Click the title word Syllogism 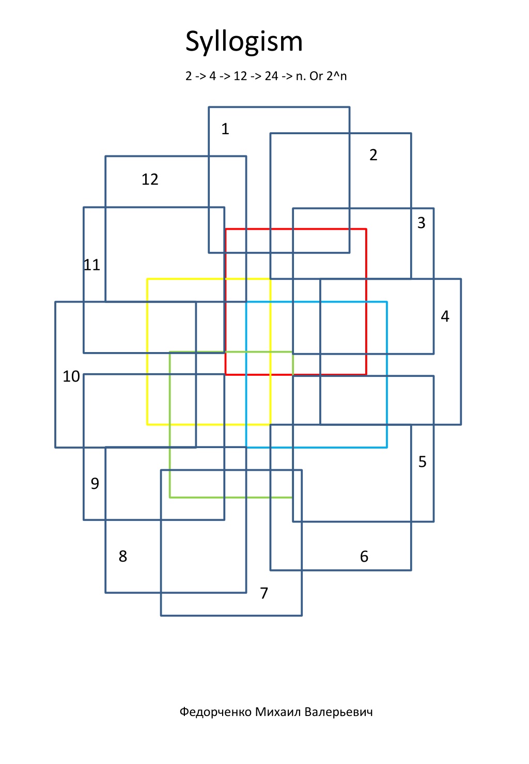244,42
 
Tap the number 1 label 225,129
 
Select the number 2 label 373,155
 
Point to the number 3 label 421,222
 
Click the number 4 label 445,316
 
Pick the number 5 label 422,461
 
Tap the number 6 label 364,556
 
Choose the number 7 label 264,593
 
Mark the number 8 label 122,556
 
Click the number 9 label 95,483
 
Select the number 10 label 71,376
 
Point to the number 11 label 92,265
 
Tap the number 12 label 150,180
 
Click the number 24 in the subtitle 271,76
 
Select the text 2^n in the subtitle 336,76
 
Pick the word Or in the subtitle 316,76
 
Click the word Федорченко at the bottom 216,712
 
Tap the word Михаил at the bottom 278,712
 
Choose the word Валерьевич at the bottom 338,712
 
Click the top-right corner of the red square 366,229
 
